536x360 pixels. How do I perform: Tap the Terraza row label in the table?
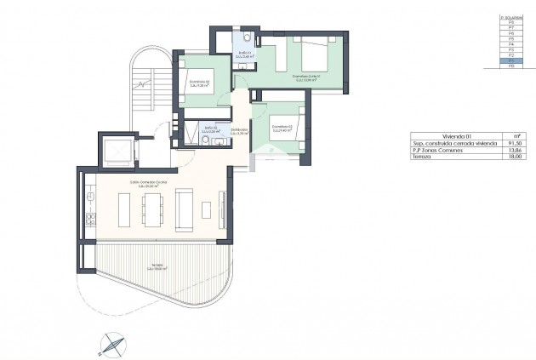[x=422, y=157]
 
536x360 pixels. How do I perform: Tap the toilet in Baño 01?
[x=245, y=40]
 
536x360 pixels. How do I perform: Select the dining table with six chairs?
[x=153, y=209]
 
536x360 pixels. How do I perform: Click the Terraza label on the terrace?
[x=157, y=266]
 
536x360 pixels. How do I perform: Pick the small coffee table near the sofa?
[x=205, y=209]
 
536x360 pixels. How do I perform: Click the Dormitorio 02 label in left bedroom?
[x=199, y=83]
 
